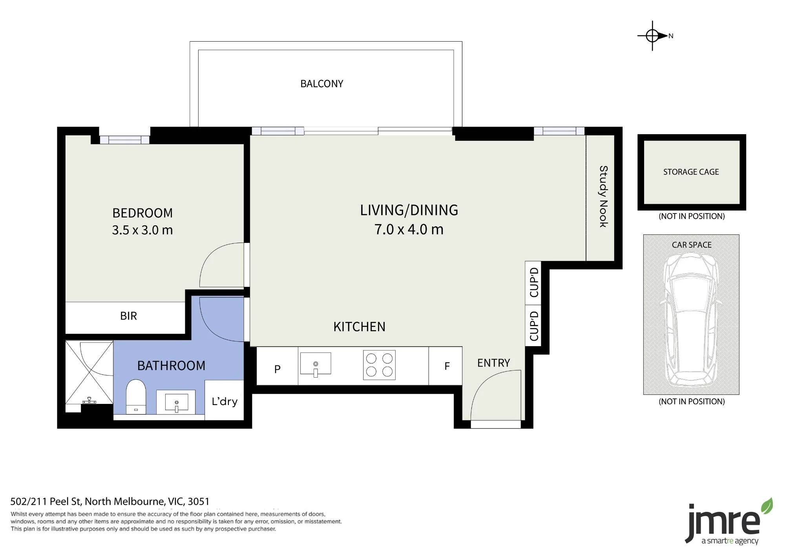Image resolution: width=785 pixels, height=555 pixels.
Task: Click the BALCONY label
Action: pos(321,84)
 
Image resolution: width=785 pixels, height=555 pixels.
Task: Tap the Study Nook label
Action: pos(603,196)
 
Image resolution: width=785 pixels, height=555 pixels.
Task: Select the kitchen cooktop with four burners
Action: pos(379,365)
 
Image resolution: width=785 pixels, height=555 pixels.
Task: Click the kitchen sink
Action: pos(316,364)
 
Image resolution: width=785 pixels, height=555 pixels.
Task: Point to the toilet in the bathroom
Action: pos(136,396)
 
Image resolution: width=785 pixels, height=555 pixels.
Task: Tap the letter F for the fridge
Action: pos(447,366)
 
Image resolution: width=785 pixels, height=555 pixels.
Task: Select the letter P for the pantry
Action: pos(277,369)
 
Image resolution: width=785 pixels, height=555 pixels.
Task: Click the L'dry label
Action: pos(225,401)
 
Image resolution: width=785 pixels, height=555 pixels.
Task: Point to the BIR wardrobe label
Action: pos(128,316)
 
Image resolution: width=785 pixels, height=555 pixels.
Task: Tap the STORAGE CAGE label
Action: pos(691,172)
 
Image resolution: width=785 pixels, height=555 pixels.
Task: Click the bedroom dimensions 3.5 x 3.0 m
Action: pos(142,230)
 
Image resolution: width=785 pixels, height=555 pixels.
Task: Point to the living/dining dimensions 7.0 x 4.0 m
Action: pos(409,229)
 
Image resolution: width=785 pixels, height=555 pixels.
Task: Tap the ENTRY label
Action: pos(493,363)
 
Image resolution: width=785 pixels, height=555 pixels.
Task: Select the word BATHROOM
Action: pos(171,366)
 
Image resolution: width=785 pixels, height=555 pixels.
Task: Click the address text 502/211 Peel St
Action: pos(46,502)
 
